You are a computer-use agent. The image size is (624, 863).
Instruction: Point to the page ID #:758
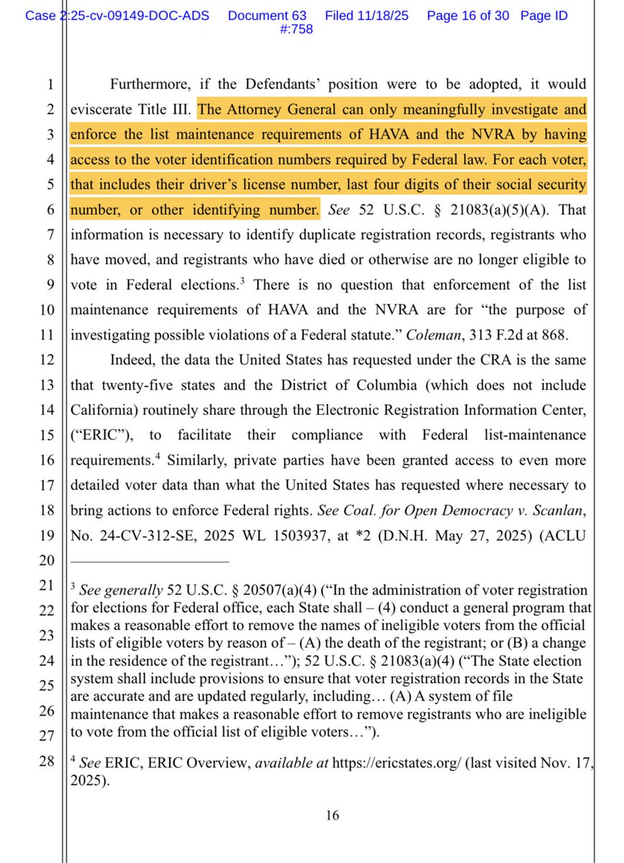point(295,29)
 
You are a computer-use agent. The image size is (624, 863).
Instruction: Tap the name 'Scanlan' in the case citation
point(559,510)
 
